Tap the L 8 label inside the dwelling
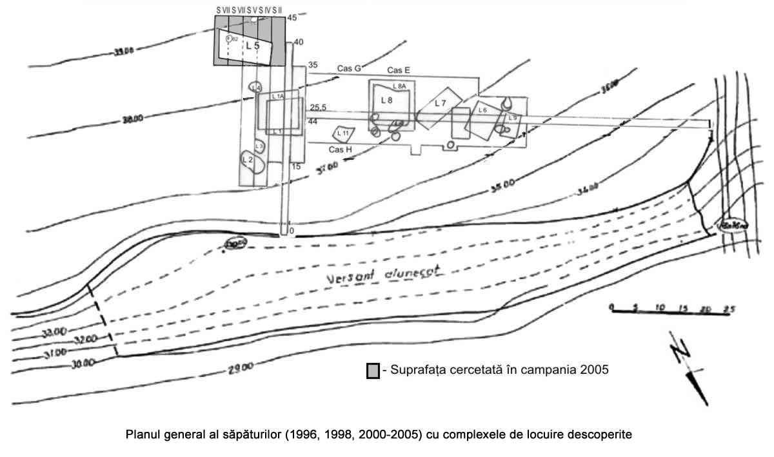coord(386,100)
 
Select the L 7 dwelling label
coord(441,103)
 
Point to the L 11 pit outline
coord(342,133)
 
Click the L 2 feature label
coord(246,159)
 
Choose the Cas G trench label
coord(350,68)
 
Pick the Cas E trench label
coord(399,70)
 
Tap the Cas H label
coord(340,150)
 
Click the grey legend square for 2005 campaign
coord(372,371)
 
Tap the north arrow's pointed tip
coord(706,404)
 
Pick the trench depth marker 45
coord(292,18)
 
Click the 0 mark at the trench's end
coord(292,230)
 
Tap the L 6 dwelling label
coord(482,110)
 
